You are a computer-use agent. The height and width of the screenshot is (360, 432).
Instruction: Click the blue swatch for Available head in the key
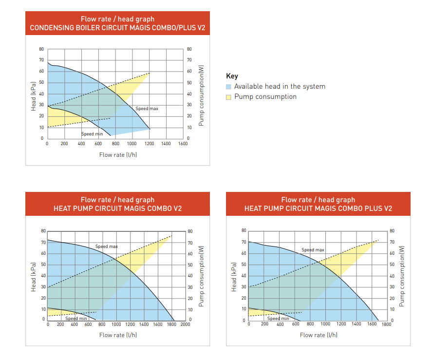point(229,87)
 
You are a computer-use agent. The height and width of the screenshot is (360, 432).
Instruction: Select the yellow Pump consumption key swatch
point(229,97)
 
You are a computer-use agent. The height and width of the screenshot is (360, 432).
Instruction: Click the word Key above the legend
point(232,76)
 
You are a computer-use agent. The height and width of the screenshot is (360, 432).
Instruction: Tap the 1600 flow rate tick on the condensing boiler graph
point(183,144)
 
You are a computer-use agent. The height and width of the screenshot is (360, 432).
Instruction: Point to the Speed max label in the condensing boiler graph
point(147,109)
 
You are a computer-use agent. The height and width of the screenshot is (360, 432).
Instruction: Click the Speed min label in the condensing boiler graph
point(92,134)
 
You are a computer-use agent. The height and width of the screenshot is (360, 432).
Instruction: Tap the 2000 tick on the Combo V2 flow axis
point(186,325)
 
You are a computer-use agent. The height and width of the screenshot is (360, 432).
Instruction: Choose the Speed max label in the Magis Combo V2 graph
point(106,246)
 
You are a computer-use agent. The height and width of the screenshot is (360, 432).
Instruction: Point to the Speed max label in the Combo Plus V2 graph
point(313,250)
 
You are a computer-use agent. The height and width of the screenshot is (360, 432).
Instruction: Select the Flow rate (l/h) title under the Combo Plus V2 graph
point(319,335)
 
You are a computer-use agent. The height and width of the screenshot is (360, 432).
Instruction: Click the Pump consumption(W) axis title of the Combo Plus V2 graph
point(402,275)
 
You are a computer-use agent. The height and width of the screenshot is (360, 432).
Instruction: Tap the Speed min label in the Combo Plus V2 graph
point(278,319)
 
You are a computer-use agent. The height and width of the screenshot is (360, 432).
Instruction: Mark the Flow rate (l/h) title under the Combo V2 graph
point(118,335)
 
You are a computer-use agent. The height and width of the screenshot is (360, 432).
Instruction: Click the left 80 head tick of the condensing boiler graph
point(41,49)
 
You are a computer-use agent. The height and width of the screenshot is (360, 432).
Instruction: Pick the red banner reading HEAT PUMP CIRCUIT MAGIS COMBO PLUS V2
point(318,204)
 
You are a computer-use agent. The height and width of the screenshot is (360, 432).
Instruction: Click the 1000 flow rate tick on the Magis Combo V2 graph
point(116,325)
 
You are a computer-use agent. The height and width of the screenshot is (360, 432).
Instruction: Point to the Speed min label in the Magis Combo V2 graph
point(76,319)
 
